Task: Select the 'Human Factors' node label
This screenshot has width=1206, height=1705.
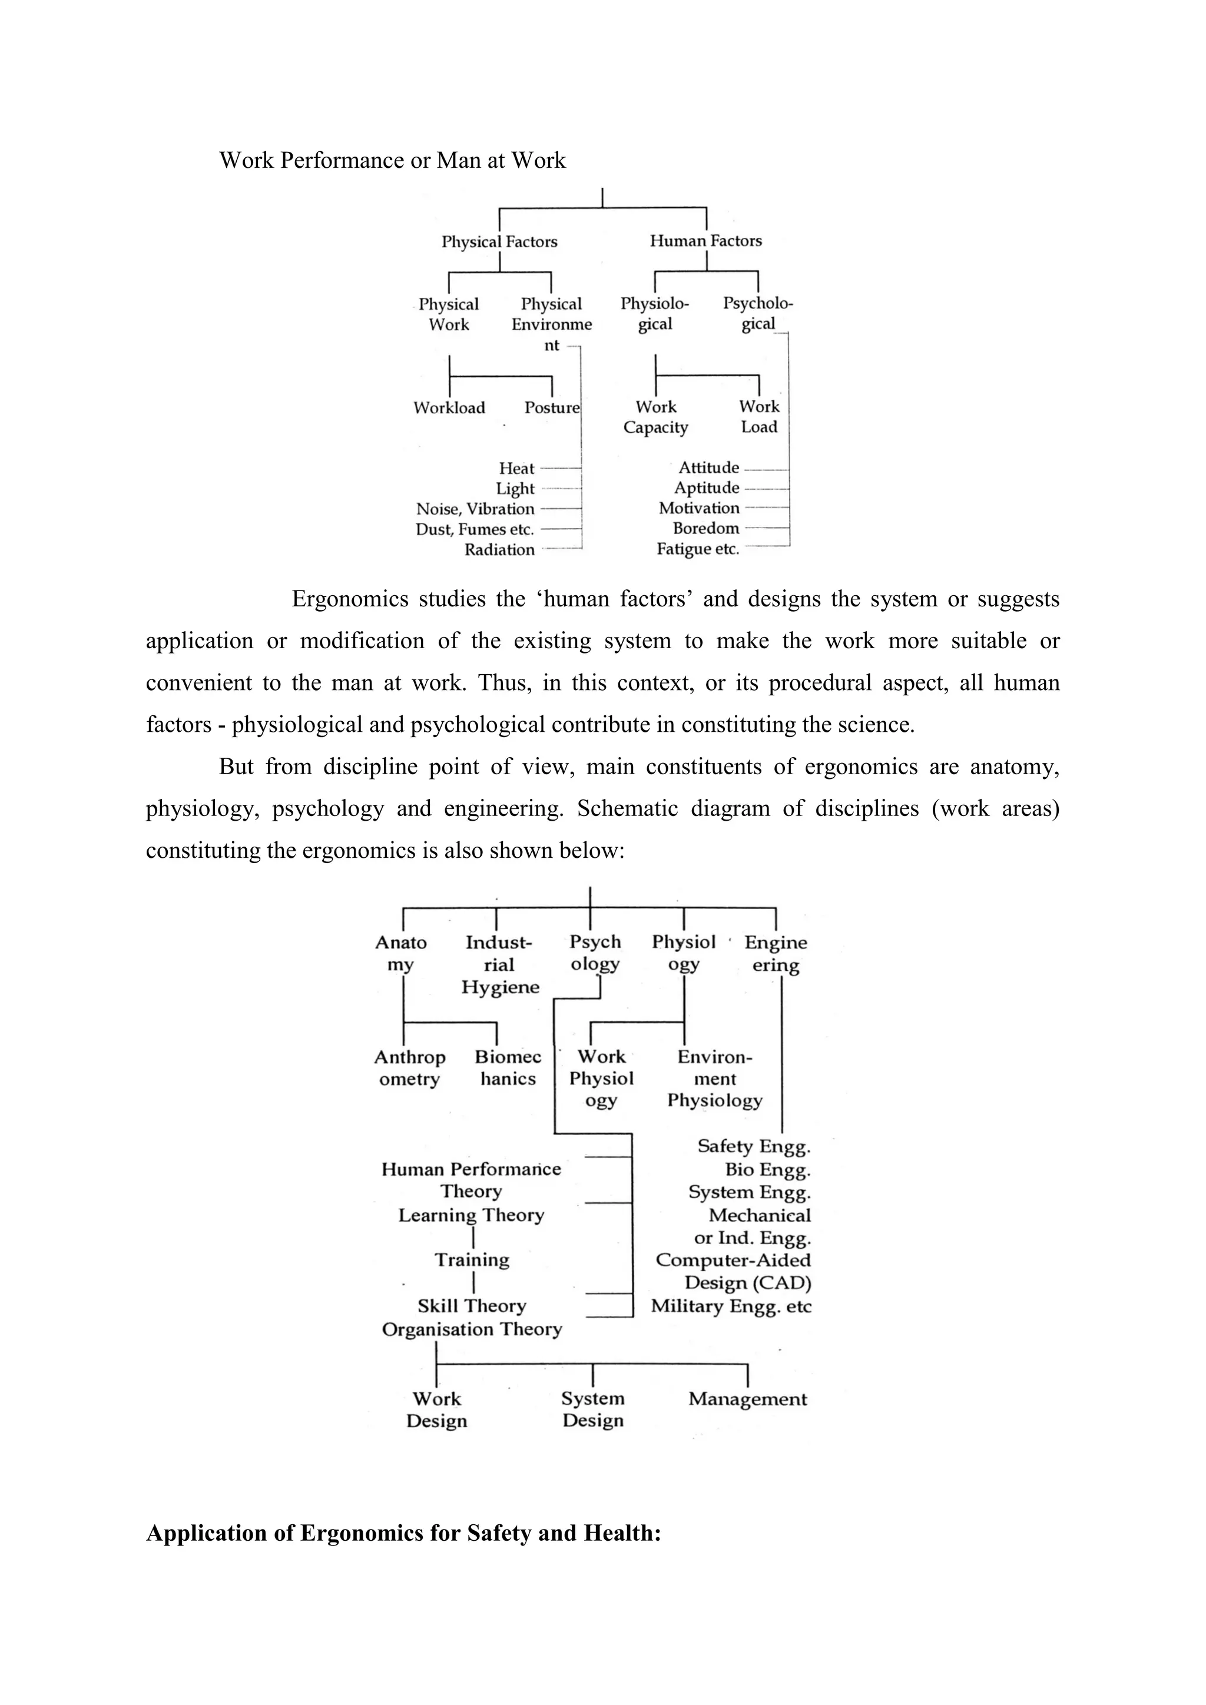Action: click(x=705, y=241)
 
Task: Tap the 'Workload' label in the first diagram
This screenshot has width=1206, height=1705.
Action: click(x=449, y=407)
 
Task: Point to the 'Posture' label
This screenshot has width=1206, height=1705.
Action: click(x=551, y=407)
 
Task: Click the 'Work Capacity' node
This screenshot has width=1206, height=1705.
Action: click(x=656, y=417)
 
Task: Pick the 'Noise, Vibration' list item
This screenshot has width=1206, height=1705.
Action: click(x=475, y=509)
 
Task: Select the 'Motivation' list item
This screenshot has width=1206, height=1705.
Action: click(x=699, y=508)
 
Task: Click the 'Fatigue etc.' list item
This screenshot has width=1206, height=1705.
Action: click(x=697, y=549)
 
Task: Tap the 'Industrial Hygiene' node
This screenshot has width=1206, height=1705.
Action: click(x=500, y=964)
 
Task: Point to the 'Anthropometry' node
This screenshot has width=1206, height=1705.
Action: click(x=410, y=1068)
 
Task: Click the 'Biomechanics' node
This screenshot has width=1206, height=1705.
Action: click(x=508, y=1068)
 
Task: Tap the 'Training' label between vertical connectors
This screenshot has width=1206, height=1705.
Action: click(x=472, y=1259)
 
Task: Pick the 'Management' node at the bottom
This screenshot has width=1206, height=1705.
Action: click(x=747, y=1399)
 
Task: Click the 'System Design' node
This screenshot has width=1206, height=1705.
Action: click(x=592, y=1409)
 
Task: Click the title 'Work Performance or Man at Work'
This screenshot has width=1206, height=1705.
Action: click(x=392, y=160)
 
